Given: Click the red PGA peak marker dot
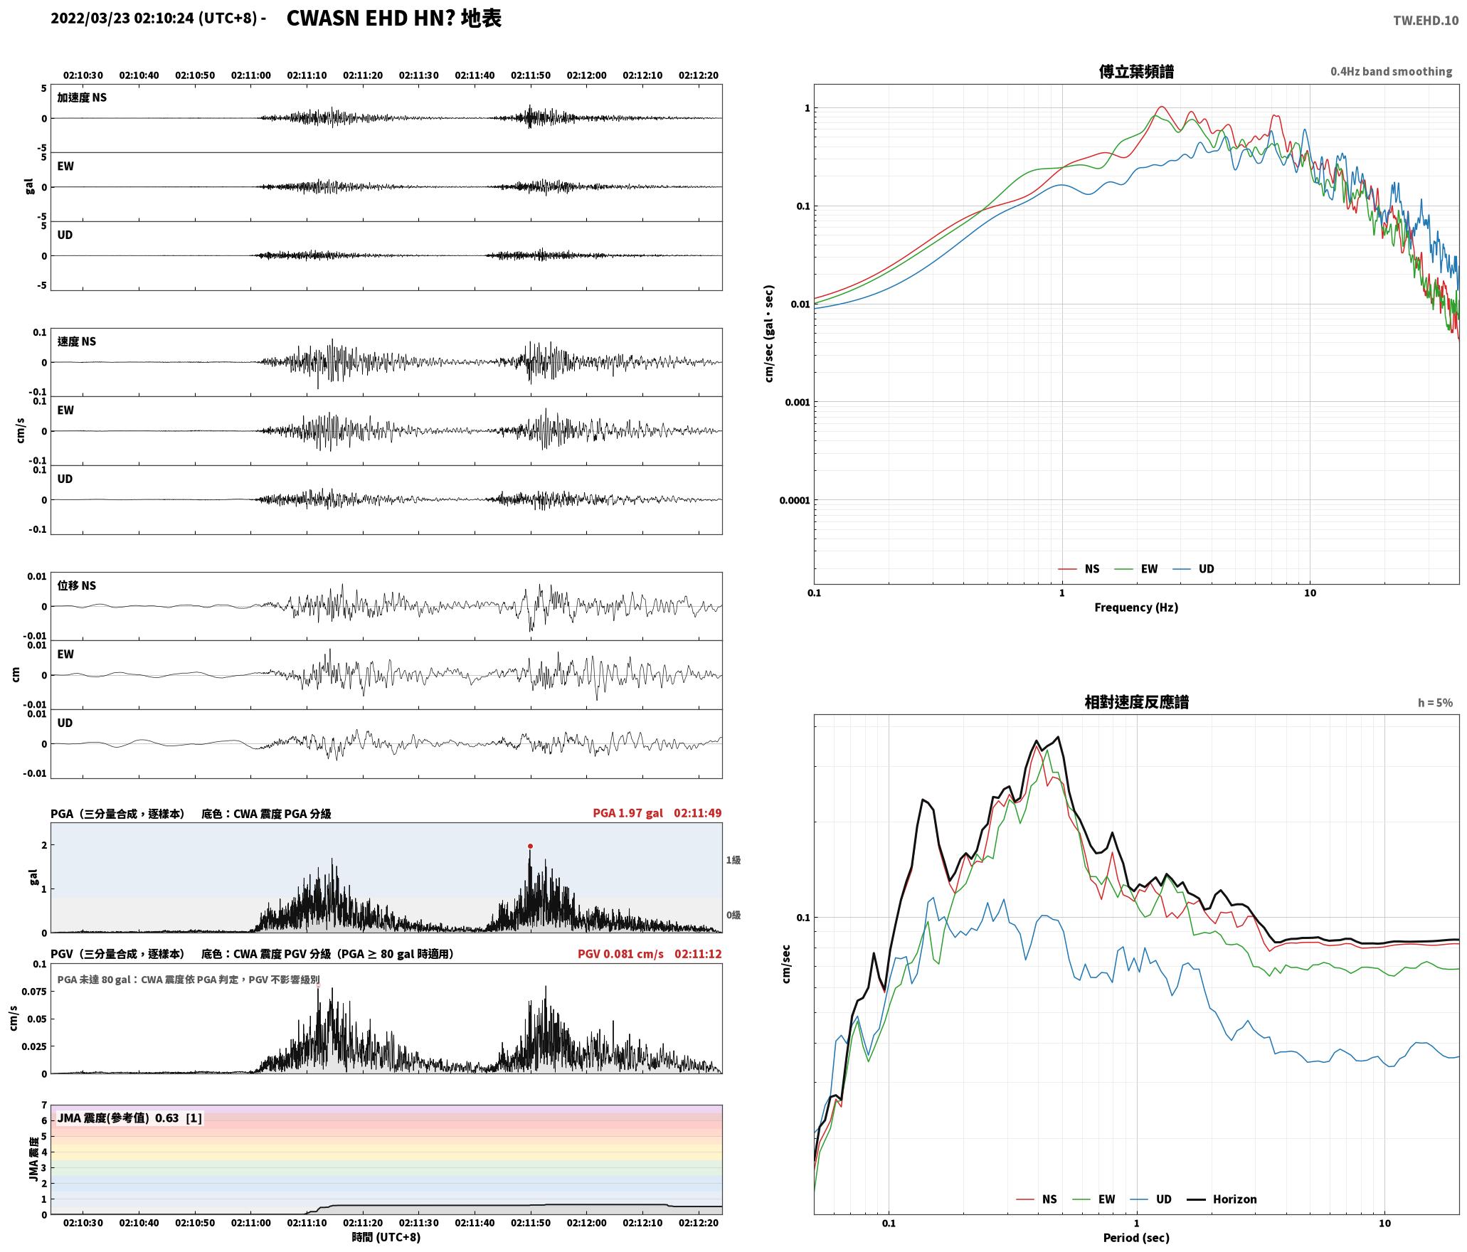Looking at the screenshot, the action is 530,846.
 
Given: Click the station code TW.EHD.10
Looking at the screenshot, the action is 1426,21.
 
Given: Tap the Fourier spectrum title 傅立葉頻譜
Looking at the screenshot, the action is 1136,71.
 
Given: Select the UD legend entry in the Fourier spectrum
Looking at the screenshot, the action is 1194,568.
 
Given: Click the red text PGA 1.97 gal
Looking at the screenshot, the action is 627,813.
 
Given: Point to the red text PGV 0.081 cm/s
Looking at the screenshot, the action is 620,954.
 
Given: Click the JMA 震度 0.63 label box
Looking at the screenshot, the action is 129,1118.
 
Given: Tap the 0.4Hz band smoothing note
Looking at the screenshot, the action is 1392,71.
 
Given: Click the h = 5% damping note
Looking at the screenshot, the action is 1435,703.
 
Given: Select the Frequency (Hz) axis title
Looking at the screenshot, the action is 1136,607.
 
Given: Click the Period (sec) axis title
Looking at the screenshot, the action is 1136,1237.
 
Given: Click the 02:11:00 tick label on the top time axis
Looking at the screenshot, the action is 250,75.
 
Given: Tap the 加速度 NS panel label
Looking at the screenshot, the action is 82,97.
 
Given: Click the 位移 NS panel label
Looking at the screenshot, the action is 77,585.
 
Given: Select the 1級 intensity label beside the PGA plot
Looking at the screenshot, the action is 733,860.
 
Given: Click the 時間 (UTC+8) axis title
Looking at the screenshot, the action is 386,1237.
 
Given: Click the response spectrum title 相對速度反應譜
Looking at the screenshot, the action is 1136,702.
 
